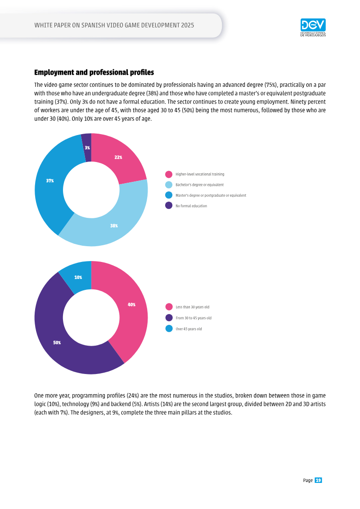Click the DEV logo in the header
pos(313,27)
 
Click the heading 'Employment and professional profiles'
pos(94,72)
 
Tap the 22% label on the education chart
pos(118,158)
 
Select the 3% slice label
pos(87,148)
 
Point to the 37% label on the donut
pos(49,181)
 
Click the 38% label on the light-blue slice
pos(114,226)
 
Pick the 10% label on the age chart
pos(78,278)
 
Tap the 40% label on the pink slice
pos(131,305)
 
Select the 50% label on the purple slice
pos(57,343)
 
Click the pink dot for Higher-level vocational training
pos(169,174)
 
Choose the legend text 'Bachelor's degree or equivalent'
pos(200,185)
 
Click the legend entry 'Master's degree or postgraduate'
pos(211,195)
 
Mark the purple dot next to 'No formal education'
pos(169,206)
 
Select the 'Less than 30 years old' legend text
pos(193,307)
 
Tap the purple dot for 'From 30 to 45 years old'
pos(169,318)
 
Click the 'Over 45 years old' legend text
pos(189,329)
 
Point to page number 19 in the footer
pos(318,481)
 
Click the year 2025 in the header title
pos(187,25)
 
